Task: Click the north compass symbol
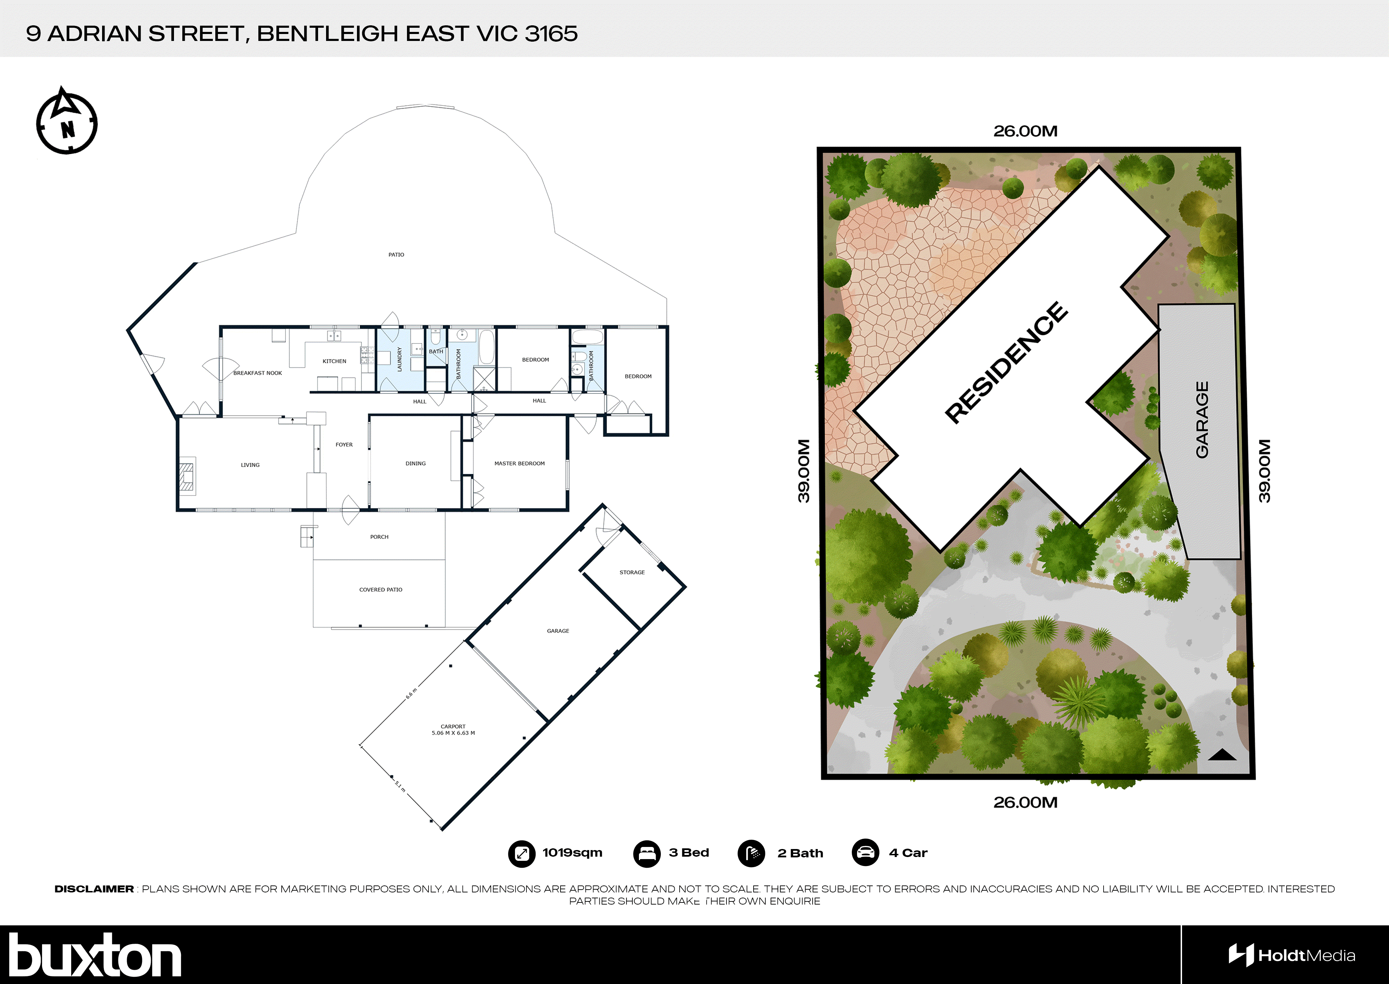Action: [67, 123]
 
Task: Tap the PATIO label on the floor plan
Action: [396, 254]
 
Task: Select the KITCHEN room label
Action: [334, 361]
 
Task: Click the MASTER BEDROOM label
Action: [519, 464]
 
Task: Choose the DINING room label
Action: [415, 464]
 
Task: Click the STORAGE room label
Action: [632, 572]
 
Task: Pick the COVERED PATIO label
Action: [380, 589]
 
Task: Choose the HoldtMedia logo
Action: [1291, 956]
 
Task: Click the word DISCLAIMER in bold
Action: [94, 889]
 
